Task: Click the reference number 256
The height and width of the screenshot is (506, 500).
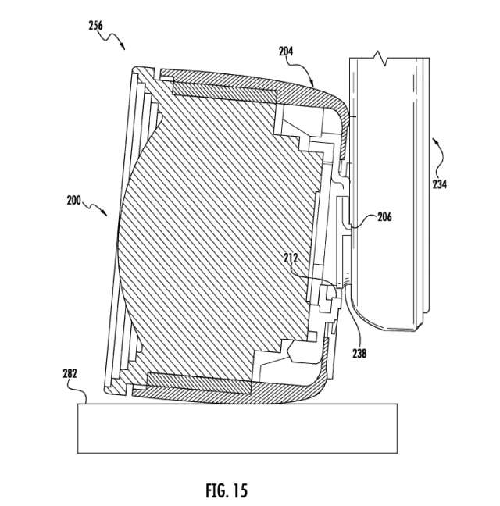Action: point(95,26)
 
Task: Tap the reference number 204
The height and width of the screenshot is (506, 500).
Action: point(286,51)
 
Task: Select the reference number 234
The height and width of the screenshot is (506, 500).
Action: point(440,184)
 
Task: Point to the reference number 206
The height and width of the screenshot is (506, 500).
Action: point(384,217)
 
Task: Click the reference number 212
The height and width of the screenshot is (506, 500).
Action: point(291,258)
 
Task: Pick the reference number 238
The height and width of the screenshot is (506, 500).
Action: point(359,354)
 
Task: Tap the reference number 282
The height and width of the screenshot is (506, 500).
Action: point(70,373)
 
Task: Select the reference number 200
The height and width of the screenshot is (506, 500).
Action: point(74,201)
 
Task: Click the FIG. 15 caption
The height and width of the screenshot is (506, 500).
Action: point(227,490)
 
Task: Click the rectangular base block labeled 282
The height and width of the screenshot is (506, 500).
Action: point(237,428)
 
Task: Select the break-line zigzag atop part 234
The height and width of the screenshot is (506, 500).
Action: point(381,58)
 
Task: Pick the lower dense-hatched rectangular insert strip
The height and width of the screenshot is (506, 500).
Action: point(199,383)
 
